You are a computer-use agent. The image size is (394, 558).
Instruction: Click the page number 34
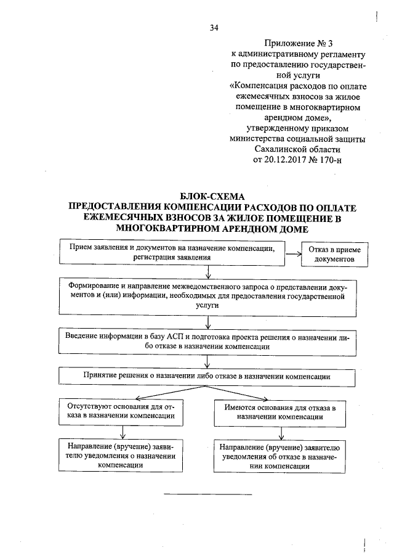214,28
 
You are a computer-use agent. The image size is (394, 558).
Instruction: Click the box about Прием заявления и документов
172,252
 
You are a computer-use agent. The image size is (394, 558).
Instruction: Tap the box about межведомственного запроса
209,296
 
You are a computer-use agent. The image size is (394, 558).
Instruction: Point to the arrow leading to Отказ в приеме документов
293,252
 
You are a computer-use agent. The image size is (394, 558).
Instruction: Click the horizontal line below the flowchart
208,494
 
